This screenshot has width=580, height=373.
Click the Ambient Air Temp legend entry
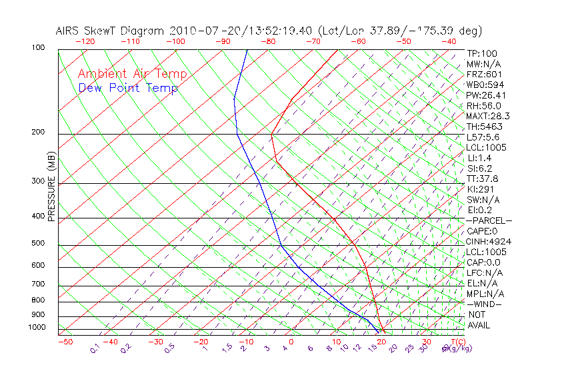click(132, 74)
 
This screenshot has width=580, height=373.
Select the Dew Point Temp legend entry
click(128, 88)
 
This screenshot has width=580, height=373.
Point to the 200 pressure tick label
click(39, 133)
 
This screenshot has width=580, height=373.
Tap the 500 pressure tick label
click(39, 244)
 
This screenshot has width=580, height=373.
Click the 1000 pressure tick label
click(37, 327)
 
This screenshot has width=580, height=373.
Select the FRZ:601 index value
click(481, 75)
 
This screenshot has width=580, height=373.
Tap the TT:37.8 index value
click(481, 179)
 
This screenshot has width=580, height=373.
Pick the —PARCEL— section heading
click(489, 220)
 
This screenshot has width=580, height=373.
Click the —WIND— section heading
click(485, 304)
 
